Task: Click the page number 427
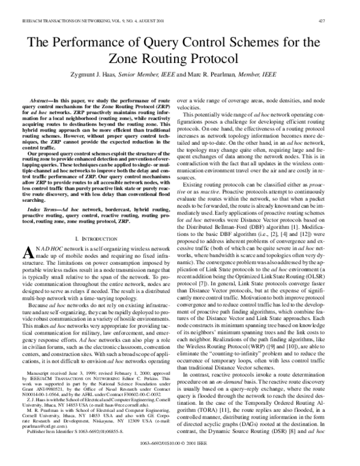click(x=339, y=20)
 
